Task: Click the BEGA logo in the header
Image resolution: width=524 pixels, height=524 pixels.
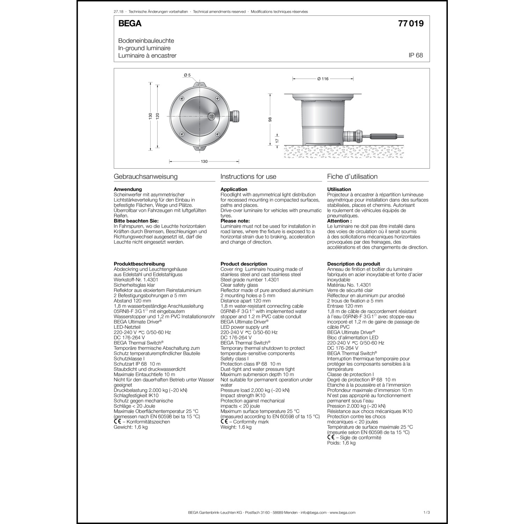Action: point(130,23)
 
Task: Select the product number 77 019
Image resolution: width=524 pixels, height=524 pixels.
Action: point(410,23)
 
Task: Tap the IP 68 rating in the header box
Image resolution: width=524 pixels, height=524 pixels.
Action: point(416,55)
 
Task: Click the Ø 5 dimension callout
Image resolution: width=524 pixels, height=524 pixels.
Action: point(187,75)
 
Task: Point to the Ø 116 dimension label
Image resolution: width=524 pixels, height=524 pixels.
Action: point(323,79)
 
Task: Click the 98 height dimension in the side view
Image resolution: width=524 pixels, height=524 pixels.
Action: point(270,119)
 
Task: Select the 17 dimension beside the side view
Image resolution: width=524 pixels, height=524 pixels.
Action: point(277,140)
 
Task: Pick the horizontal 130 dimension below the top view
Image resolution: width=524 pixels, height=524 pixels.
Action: point(204,161)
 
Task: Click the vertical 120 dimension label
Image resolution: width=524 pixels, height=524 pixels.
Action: point(158,116)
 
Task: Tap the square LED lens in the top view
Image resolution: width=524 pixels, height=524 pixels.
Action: point(212,116)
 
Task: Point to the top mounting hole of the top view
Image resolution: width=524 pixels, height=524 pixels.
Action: point(199,85)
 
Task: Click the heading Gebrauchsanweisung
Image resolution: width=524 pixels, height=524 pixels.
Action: point(146,176)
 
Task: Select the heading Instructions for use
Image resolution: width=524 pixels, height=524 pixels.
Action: point(248,176)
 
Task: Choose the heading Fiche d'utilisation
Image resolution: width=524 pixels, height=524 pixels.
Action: point(352,176)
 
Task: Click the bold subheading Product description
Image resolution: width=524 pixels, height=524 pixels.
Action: point(244,264)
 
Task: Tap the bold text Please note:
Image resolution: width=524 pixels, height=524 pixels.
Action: point(235,221)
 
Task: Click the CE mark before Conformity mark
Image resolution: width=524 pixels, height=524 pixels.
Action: point(224,422)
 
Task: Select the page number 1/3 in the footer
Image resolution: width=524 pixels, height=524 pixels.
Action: point(426,512)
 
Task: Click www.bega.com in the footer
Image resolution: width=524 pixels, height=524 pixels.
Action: point(342,512)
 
